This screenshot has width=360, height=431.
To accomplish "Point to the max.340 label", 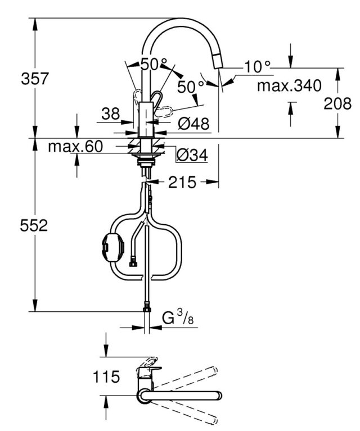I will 289,86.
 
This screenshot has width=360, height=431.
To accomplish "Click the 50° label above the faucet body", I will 154,65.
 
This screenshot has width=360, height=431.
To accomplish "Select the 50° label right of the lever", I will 191,87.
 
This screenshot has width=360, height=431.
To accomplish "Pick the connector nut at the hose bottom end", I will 146,307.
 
